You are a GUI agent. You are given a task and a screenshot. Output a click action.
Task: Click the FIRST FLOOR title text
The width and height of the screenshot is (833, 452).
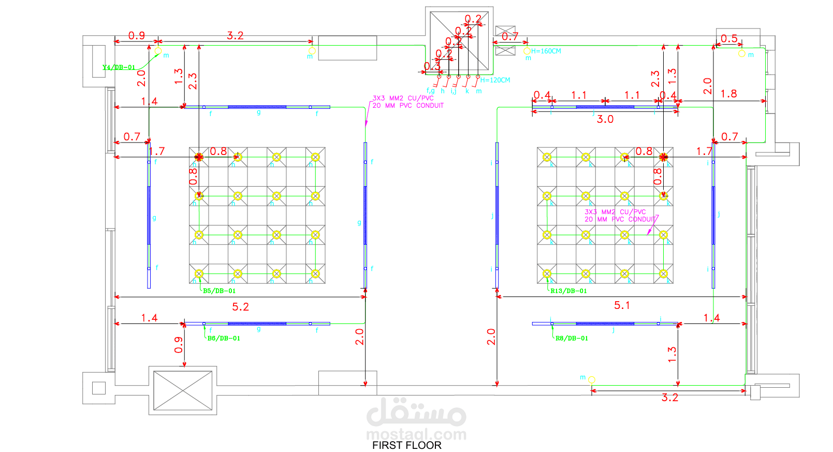tap(406, 445)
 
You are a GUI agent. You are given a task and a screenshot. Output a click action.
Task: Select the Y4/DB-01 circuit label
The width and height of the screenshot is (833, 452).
tap(119, 67)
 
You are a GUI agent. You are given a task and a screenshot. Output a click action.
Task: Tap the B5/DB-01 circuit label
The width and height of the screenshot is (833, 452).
tap(219, 291)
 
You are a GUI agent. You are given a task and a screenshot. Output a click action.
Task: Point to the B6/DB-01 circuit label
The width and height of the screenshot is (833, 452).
tap(224, 338)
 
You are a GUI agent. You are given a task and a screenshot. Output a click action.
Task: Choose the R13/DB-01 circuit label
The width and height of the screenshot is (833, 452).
tap(568, 291)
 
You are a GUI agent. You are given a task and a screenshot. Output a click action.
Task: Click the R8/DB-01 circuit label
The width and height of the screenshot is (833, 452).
tap(572, 338)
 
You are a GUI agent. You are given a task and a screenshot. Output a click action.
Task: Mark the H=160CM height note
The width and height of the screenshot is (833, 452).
tap(546, 51)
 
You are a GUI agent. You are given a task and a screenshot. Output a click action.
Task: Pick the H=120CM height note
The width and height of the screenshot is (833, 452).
tap(495, 80)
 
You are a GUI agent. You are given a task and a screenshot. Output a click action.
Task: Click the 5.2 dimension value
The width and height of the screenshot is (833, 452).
tap(240, 307)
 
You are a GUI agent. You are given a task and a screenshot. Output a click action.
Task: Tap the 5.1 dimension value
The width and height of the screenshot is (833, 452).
tap(622, 305)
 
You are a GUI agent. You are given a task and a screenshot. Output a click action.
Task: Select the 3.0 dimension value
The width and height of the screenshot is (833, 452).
tap(605, 119)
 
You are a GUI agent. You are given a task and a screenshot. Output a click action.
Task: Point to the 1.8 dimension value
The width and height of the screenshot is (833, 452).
tap(728, 94)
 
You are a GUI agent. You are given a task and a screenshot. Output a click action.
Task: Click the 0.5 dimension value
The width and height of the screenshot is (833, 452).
tap(729, 39)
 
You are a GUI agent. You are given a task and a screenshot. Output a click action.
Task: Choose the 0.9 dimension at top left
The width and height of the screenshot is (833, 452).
tap(136, 35)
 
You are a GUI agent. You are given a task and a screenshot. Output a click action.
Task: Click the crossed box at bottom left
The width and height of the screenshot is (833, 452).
tap(183, 390)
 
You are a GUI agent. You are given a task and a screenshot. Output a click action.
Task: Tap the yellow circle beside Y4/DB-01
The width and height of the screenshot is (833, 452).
tap(158, 51)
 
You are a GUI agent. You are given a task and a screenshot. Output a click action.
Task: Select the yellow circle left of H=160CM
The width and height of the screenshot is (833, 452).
tap(527, 51)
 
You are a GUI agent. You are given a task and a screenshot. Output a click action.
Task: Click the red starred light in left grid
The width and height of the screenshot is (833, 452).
tap(199, 157)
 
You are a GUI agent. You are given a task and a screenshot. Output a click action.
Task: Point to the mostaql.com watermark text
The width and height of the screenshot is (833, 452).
tap(416, 434)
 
